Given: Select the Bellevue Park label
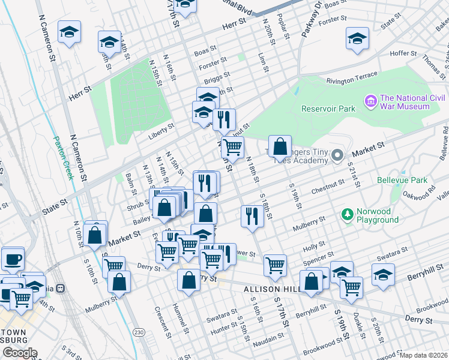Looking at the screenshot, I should pyautogui.click(x=402, y=180).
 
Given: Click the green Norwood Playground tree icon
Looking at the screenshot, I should pyautogui.click(x=346, y=214).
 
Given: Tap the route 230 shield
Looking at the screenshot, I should pyautogui.click(x=139, y=332).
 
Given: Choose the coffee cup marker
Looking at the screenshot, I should pyautogui.click(x=13, y=260).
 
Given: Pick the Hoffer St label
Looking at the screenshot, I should pyautogui.click(x=403, y=53).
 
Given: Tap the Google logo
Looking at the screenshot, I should pyautogui.click(x=19, y=352).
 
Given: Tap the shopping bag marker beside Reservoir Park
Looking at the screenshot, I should pyautogui.click(x=280, y=147).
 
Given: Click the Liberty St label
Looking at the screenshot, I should pyautogui.click(x=162, y=127).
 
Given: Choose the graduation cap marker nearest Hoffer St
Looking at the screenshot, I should pyautogui.click(x=357, y=40).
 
